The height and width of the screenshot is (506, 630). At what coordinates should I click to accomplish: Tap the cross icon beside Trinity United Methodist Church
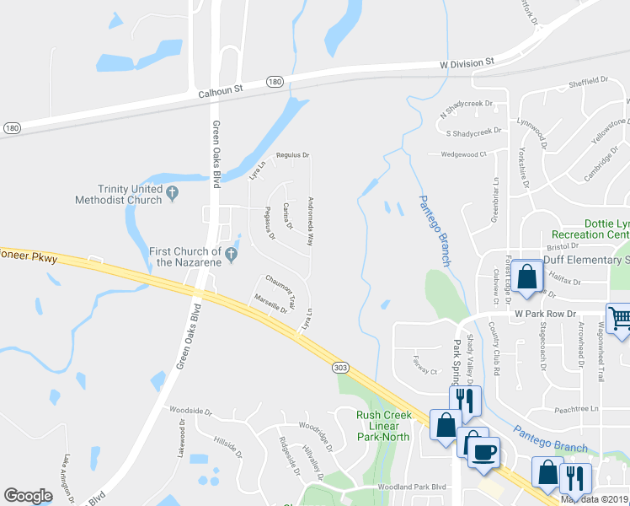click(173, 193)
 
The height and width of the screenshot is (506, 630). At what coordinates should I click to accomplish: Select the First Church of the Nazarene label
click(185, 256)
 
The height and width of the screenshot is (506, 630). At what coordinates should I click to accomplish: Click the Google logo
click(28, 496)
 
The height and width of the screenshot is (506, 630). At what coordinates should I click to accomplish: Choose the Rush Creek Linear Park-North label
click(383, 425)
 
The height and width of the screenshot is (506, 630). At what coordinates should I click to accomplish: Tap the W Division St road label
click(466, 63)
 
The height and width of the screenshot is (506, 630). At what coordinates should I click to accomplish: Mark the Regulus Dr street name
click(293, 155)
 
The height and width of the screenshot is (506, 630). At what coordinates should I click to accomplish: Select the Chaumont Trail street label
click(280, 289)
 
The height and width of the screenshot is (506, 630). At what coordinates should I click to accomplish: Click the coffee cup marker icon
click(483, 450)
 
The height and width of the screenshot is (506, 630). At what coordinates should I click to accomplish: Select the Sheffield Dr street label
click(587, 80)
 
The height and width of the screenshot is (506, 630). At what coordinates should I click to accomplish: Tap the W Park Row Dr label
click(545, 314)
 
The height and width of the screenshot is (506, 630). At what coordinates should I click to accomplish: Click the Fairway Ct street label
click(423, 370)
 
